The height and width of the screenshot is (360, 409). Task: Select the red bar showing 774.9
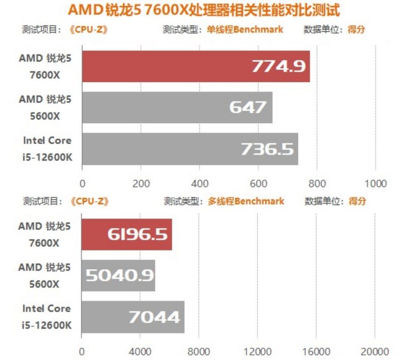coord(195,66)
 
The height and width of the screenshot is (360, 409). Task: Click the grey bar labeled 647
coord(177,107)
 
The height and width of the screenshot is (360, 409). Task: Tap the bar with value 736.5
coord(190,149)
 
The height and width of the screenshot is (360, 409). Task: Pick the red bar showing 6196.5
coord(127,234)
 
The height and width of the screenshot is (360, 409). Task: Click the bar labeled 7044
coord(133,317)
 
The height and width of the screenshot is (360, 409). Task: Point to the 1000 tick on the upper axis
coord(376,184)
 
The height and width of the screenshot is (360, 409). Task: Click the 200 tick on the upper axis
coord(141,184)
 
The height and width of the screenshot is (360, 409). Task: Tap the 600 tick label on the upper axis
coord(258,184)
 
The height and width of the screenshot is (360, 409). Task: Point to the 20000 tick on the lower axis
coord(375,352)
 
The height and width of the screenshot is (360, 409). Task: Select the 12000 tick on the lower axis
coord(258,352)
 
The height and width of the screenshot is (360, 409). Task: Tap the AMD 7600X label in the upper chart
coord(46,66)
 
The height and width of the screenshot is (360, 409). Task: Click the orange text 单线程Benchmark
coord(244,30)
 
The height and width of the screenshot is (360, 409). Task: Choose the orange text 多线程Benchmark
coord(245,201)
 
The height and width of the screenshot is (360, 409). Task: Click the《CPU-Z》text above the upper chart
coord(91,30)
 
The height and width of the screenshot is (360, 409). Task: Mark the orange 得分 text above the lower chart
coord(357,201)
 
